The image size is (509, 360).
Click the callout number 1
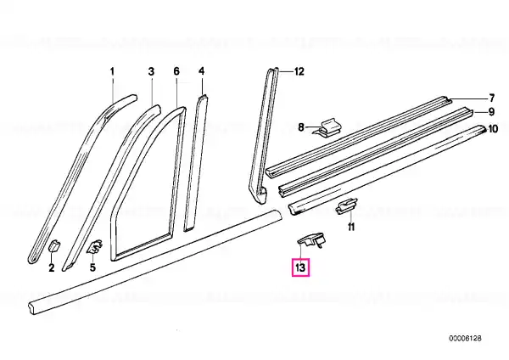tap(112, 71)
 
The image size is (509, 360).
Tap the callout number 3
tap(151, 71)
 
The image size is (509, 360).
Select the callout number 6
tap(176, 71)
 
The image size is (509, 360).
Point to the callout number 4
tap(202, 71)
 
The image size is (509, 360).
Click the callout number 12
tap(299, 71)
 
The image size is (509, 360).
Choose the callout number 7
tap(492, 98)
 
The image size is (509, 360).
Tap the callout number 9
tap(491, 112)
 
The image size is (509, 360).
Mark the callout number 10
tap(493, 129)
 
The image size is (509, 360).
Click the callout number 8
tap(301, 127)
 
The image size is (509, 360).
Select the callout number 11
tap(351, 227)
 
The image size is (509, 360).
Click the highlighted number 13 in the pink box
tap(300, 267)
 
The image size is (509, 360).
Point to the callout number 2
tap(52, 268)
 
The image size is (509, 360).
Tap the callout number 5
tap(92, 267)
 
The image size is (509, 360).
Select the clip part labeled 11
tap(346, 206)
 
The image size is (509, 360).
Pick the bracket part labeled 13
tap(310, 239)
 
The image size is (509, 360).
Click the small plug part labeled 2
tap(53, 245)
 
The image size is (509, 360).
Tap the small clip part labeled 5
tap(94, 246)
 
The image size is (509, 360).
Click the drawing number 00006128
tap(465, 338)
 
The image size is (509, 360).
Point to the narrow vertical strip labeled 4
tap(196, 162)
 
